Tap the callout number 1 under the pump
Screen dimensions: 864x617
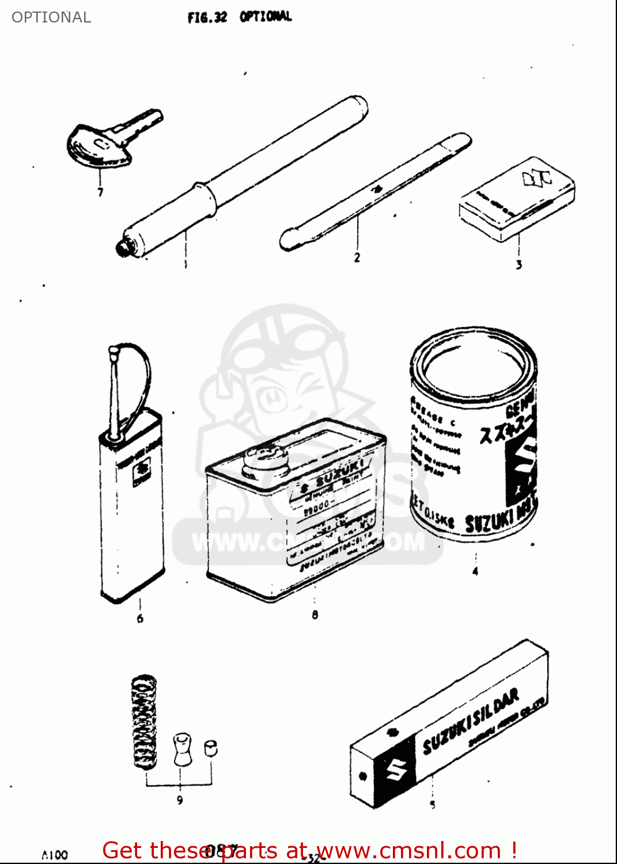[186, 265]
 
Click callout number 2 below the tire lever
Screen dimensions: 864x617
[357, 257]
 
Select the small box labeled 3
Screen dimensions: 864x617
[517, 199]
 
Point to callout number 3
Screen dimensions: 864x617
[518, 265]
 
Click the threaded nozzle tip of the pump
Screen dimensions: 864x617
[123, 249]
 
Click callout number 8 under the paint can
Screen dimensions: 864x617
[315, 615]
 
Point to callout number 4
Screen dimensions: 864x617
[475, 571]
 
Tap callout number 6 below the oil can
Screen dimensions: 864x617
[140, 619]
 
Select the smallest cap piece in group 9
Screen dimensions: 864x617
[211, 748]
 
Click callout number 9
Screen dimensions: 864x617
[180, 800]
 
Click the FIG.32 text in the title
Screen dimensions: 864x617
[207, 17]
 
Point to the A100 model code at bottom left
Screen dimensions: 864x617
[55, 855]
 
